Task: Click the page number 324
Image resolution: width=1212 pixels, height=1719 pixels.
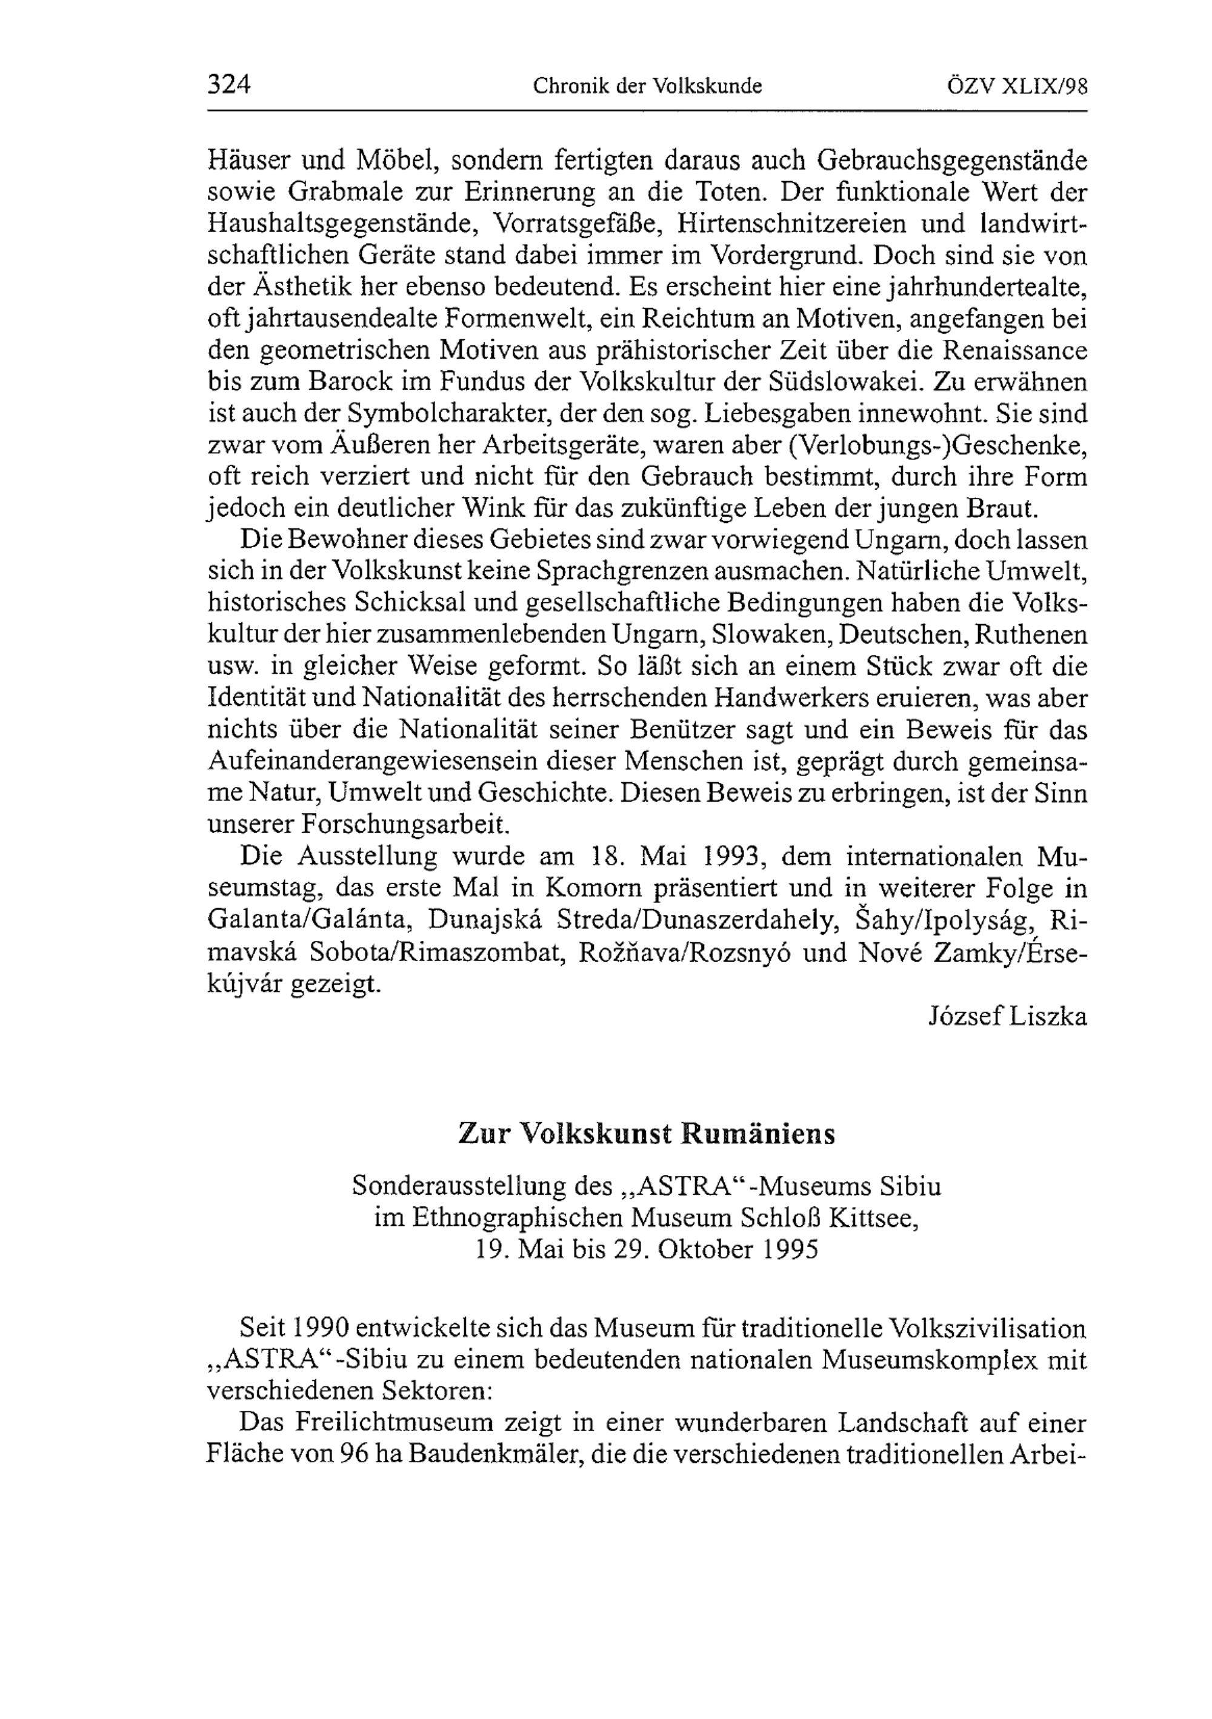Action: point(228,85)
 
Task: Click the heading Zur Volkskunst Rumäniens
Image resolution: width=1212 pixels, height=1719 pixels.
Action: point(646,1134)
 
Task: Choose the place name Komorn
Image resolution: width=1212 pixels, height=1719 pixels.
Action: point(594,888)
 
